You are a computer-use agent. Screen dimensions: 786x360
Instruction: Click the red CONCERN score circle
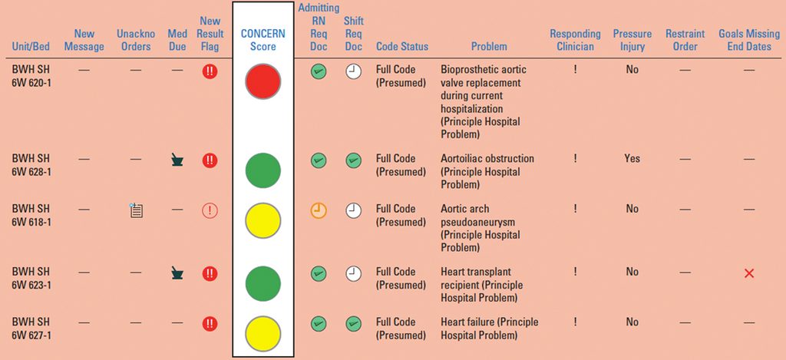(263, 81)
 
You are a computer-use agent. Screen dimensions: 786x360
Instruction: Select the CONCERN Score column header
(263, 40)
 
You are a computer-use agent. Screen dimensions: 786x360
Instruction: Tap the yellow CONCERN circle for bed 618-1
(263, 220)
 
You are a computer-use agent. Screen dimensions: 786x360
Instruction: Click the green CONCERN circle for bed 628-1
(263, 170)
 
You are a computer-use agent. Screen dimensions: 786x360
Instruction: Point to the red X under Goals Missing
(749, 273)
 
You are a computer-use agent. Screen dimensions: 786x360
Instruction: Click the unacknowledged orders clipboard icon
(136, 210)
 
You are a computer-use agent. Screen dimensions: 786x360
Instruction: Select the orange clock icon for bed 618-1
(319, 210)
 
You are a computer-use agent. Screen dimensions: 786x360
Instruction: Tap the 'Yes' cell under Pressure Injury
(632, 158)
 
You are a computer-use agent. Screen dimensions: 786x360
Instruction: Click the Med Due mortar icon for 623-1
(177, 273)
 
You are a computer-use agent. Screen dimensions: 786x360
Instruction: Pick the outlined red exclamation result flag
(210, 210)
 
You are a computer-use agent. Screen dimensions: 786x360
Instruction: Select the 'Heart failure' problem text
(489, 329)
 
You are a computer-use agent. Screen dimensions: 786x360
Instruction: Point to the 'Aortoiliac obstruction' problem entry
(487, 171)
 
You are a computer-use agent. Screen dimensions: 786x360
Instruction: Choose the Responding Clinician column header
(575, 40)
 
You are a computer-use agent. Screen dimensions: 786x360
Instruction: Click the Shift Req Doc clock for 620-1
(353, 71)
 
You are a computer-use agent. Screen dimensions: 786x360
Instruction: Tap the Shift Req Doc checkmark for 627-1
(353, 323)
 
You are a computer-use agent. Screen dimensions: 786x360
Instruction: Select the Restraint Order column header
(685, 40)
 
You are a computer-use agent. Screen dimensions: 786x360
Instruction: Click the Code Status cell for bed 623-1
(401, 279)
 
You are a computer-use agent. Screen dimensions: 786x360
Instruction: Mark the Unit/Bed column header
(31, 47)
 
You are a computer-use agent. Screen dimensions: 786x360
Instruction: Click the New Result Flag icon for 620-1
(210, 71)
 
